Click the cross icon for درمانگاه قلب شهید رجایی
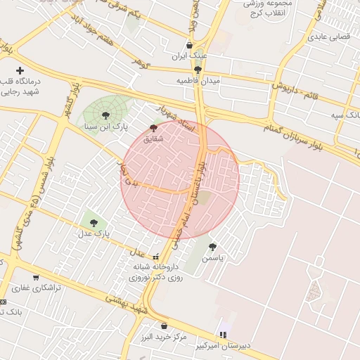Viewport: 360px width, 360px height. pyautogui.click(x=20, y=70)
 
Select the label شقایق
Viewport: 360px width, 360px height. pyautogui.click(x=153, y=139)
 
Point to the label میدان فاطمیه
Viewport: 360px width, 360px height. pyautogui.click(x=198, y=81)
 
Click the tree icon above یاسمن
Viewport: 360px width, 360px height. pyautogui.click(x=212, y=247)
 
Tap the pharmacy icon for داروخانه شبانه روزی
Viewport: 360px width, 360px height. pyautogui.click(x=155, y=257)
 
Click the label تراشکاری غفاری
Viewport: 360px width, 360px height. pyautogui.click(x=36, y=288)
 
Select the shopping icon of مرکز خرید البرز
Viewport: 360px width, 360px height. pyautogui.click(x=164, y=326)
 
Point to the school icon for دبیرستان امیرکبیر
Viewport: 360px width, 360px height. pyautogui.click(x=224, y=334)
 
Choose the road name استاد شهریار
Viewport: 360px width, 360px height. pyautogui.click(x=174, y=116)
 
